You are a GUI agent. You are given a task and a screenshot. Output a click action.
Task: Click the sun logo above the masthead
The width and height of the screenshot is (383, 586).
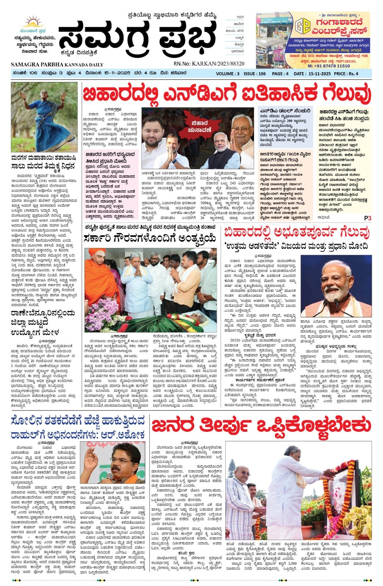pyautogui.click(x=32, y=22)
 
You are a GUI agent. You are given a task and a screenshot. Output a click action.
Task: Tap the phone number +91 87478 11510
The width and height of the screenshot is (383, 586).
pyautogui.click(x=328, y=66)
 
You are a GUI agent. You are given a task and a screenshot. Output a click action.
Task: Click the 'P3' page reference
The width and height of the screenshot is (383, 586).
pyautogui.click(x=368, y=218)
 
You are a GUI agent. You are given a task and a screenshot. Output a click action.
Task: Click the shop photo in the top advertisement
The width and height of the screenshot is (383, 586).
pyautogui.click(x=274, y=40)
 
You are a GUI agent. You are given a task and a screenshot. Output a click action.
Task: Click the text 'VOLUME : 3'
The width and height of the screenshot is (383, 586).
pyautogui.click(x=228, y=74)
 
